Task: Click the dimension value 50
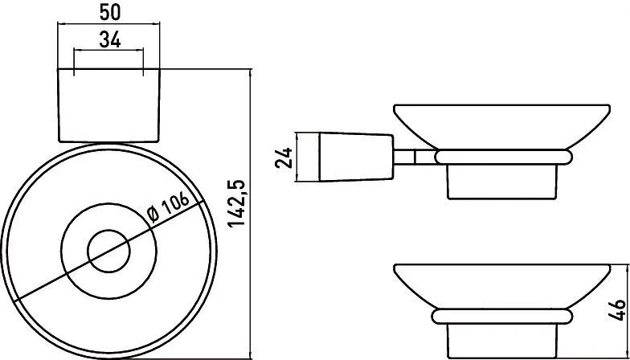click(x=109, y=13)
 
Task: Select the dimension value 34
click(x=109, y=40)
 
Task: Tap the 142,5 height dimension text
click(x=238, y=204)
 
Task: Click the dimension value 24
click(x=284, y=157)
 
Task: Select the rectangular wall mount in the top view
click(x=109, y=105)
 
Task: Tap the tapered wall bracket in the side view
click(x=356, y=157)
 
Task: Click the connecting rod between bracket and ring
click(x=415, y=157)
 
